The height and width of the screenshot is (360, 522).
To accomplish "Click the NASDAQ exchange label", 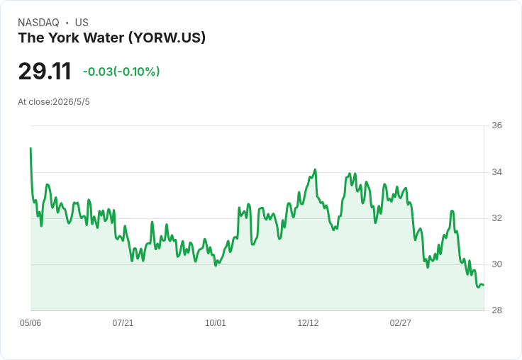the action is click(x=38, y=23).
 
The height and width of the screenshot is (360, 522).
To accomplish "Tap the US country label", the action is click(x=82, y=23).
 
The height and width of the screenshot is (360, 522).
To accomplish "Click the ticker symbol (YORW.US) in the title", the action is click(x=167, y=38).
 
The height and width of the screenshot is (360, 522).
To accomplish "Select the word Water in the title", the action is click(x=104, y=38).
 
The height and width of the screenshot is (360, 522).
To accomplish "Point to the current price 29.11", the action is click(x=45, y=71).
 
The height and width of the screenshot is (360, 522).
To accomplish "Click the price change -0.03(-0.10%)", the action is click(x=121, y=72).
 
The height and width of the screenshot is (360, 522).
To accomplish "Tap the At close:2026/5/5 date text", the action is click(x=54, y=102).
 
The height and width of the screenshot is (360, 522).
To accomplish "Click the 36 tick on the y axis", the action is click(x=496, y=125).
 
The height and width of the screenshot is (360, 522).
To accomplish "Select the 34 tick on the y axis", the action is click(x=496, y=172).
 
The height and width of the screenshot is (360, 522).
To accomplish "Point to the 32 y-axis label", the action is click(x=496, y=218).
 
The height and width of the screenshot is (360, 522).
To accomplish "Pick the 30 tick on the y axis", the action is click(x=496, y=264).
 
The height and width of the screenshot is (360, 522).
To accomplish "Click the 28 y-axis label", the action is click(x=496, y=310).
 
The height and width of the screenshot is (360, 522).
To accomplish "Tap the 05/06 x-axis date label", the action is click(x=30, y=322).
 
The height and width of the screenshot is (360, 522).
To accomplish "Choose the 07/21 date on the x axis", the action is click(x=123, y=322).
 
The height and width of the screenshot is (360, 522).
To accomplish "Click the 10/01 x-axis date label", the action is click(x=216, y=322).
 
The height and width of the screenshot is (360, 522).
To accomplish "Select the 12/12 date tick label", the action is click(x=308, y=322).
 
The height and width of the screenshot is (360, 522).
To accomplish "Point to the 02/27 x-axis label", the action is click(x=401, y=322).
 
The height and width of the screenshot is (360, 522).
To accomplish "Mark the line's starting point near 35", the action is click(x=30, y=148).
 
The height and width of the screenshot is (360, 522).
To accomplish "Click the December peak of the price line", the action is click(x=315, y=169).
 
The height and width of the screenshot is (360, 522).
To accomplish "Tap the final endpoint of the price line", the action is click(x=484, y=285).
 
